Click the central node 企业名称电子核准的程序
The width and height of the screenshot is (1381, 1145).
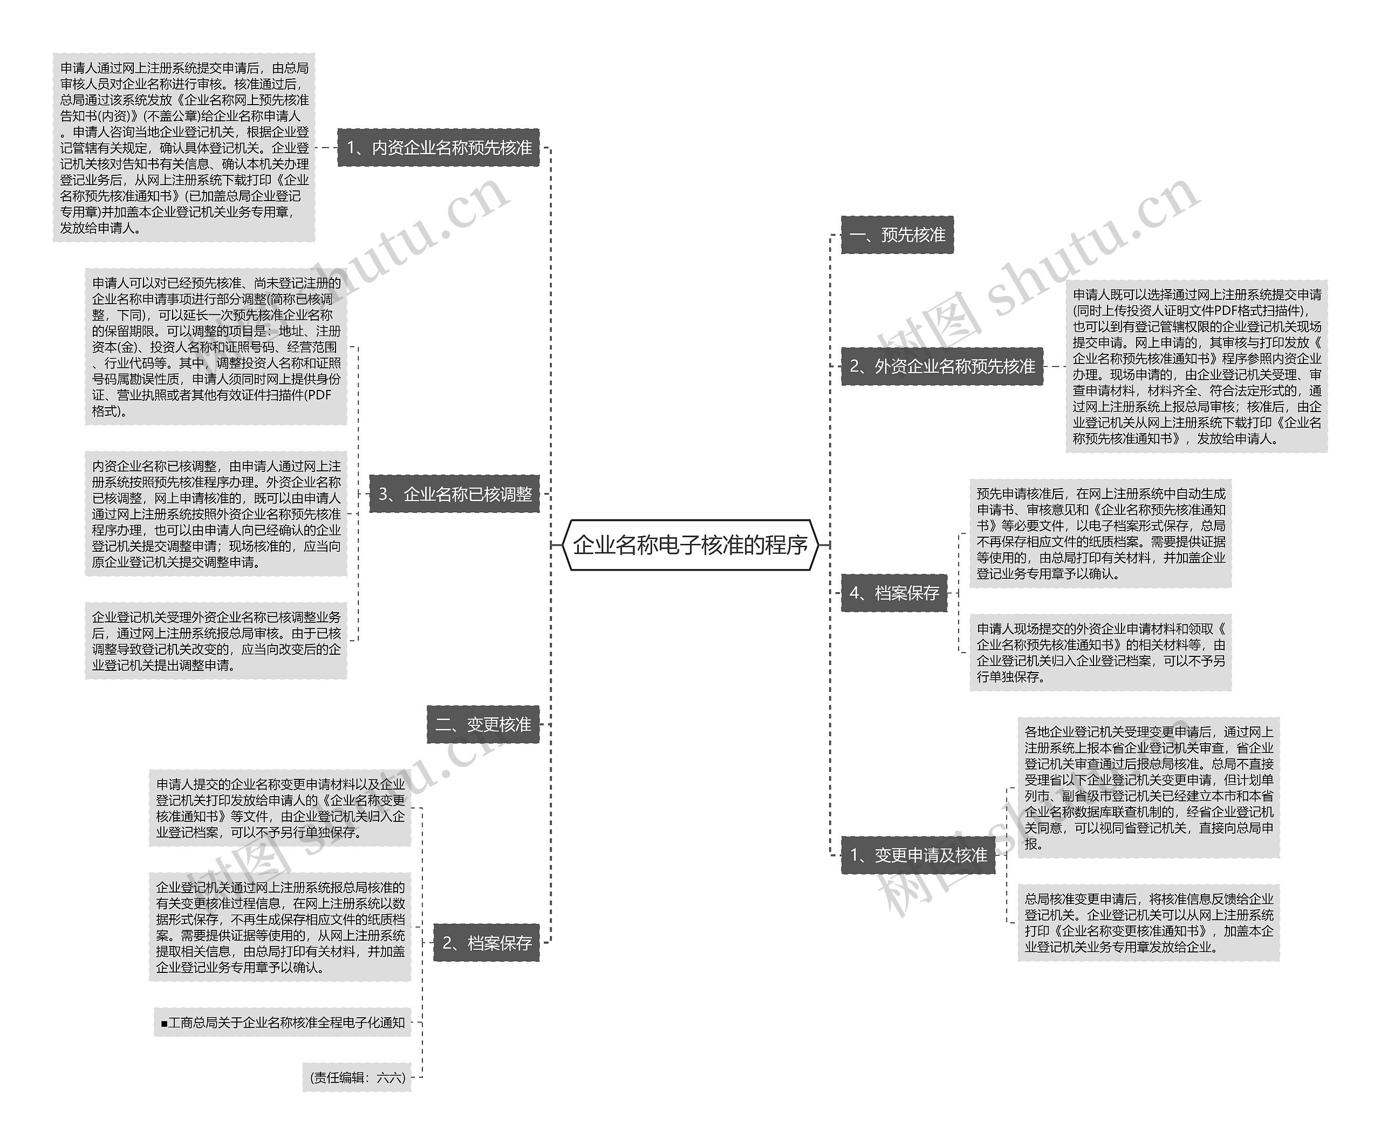pos(690,545)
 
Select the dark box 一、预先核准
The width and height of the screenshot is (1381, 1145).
pos(897,235)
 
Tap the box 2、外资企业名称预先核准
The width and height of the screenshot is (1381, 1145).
pos(942,366)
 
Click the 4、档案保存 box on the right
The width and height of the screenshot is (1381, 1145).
pos(894,593)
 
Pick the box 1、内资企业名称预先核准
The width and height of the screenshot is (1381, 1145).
pos(439,147)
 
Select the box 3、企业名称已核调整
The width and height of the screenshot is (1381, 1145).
pos(454,493)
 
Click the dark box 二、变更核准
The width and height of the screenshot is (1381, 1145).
pos(483,724)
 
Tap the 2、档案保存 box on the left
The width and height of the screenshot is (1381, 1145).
pos(486,943)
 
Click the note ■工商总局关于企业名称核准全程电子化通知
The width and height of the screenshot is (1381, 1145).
pos(283,1022)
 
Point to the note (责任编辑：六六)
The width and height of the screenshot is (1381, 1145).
pos(357,1077)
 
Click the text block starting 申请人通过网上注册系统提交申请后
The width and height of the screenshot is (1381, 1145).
pos(184,147)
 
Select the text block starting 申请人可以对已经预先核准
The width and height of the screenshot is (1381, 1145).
pos(216,346)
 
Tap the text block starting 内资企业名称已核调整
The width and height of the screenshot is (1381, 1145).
pos(216,513)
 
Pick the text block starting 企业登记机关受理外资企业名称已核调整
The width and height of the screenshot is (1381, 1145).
pos(216,641)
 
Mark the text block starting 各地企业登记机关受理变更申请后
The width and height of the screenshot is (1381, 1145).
pos(1148,787)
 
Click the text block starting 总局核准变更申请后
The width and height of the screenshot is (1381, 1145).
pos(1148,922)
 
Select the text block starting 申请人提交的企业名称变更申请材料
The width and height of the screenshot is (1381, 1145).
pos(280,808)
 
